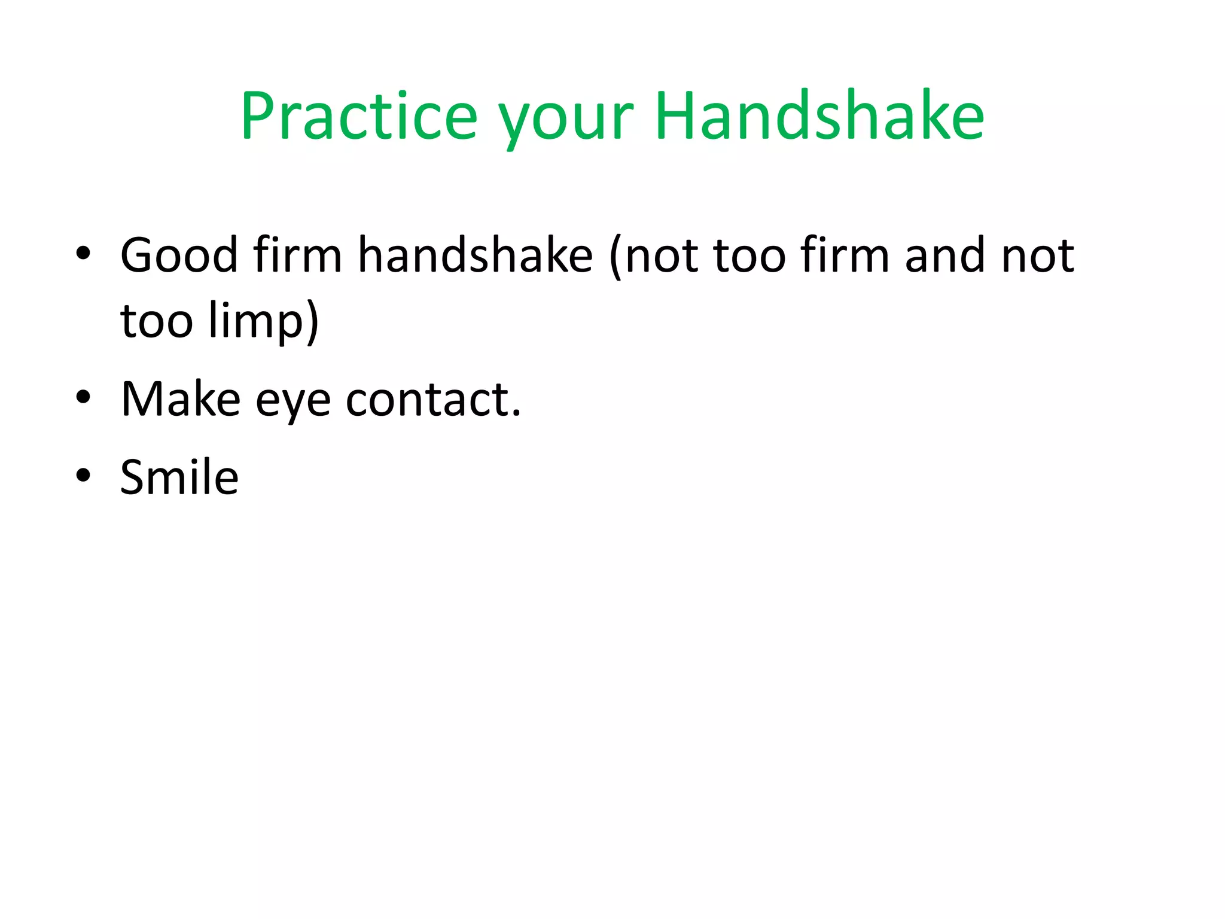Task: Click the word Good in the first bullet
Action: (x=179, y=255)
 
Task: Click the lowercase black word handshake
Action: (x=476, y=255)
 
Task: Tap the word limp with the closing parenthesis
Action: (x=264, y=323)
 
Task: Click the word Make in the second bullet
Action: (x=181, y=399)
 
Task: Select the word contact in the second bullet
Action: (x=427, y=399)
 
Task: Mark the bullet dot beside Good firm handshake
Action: (x=83, y=254)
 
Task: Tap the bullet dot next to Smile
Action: (x=83, y=475)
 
